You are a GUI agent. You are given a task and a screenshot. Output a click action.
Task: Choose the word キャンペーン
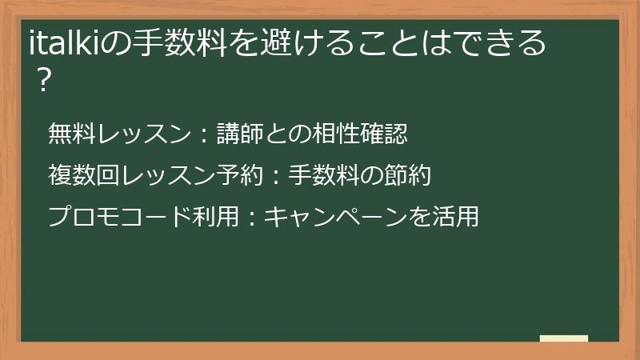(337, 215)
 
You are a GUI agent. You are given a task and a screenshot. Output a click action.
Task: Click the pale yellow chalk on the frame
(564, 339)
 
